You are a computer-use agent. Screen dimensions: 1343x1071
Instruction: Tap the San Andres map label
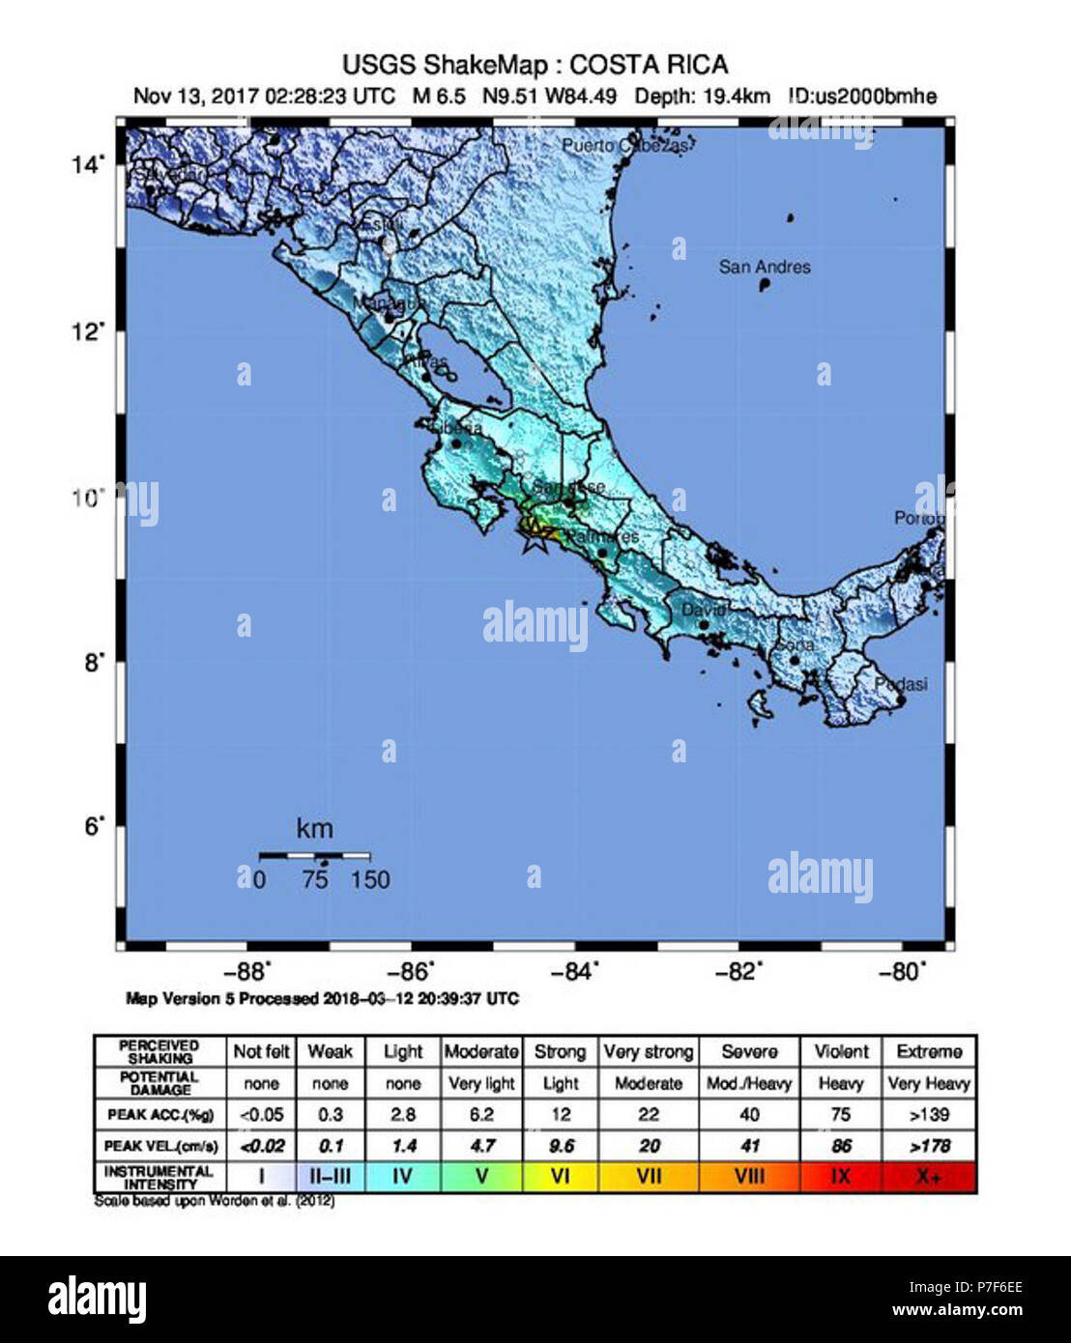(765, 267)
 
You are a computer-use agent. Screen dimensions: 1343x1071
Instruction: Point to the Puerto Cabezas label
(625, 146)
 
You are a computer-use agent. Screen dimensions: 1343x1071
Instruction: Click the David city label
(703, 611)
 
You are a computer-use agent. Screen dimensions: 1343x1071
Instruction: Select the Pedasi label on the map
(900, 684)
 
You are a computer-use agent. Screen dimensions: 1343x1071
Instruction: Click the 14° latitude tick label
(87, 165)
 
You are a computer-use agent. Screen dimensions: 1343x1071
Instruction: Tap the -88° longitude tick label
(251, 972)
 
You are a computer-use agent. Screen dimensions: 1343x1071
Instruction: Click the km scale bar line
(314, 855)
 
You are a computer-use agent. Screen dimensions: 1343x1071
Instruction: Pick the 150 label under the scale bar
(370, 879)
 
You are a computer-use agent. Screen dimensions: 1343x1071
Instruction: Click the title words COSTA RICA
(649, 66)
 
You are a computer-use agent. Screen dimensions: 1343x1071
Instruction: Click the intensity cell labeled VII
(649, 1177)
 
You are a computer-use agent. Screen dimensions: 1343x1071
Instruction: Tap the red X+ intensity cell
(929, 1177)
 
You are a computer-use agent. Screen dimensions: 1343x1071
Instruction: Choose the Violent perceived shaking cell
(841, 1051)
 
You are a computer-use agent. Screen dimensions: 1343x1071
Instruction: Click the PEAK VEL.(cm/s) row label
(161, 1146)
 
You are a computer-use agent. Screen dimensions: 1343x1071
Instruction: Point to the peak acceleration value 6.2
(481, 1115)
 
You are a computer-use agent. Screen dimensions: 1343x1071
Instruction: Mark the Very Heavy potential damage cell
(929, 1083)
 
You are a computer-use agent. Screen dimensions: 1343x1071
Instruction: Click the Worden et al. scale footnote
(215, 1201)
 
